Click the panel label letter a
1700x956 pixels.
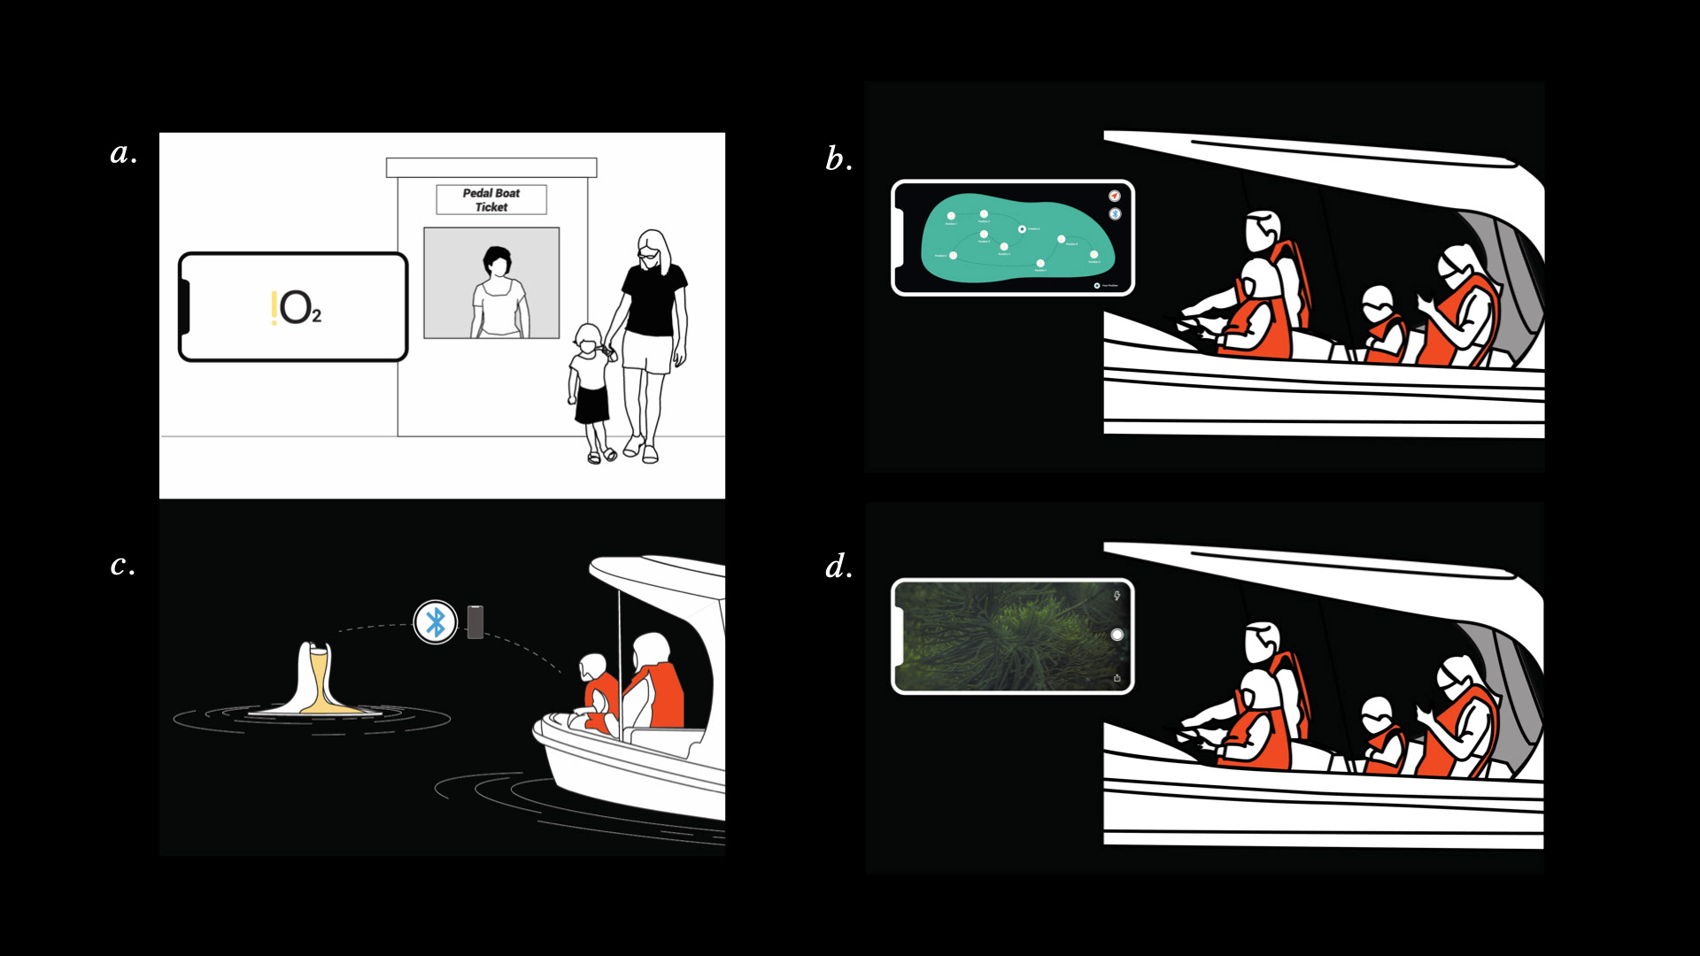pyautogui.click(x=123, y=154)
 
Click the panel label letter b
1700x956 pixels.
pyautogui.click(x=838, y=159)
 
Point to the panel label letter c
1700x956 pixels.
pyautogui.click(x=122, y=565)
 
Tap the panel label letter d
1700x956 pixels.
pyautogui.click(x=838, y=567)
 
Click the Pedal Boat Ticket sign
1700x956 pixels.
pyautogui.click(x=491, y=200)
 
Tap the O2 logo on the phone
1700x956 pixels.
pyautogui.click(x=296, y=308)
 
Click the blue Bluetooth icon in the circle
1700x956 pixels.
pyautogui.click(x=436, y=622)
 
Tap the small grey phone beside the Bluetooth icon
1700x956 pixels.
pyautogui.click(x=475, y=622)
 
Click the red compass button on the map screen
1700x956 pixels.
pyautogui.click(x=1115, y=196)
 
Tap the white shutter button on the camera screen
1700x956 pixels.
pyautogui.click(x=1117, y=635)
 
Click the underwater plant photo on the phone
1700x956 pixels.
pyautogui.click(x=1005, y=636)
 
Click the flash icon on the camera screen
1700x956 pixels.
pyautogui.click(x=1117, y=596)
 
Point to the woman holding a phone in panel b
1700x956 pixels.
pyautogui.click(x=1461, y=310)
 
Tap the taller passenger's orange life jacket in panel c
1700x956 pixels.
pyautogui.click(x=661, y=695)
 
